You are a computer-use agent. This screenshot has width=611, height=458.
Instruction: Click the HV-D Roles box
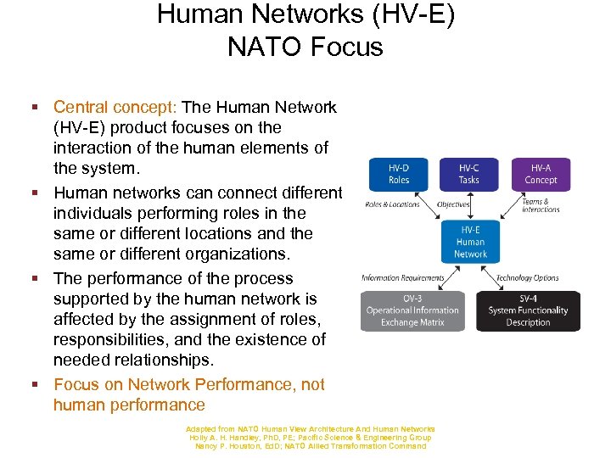coord(398,174)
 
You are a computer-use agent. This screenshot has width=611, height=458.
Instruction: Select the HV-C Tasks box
coord(469,174)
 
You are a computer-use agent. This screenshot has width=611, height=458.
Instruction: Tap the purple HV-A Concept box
coord(541,174)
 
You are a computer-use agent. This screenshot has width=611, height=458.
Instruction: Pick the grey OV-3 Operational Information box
coord(412,310)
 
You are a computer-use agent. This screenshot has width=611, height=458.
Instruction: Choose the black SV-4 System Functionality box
coord(528,310)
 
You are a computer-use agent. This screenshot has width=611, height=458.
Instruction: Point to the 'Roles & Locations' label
coord(391,204)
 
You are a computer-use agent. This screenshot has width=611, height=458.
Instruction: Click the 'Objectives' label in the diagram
coord(454,204)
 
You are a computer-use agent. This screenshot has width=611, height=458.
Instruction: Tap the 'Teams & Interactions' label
coord(541,205)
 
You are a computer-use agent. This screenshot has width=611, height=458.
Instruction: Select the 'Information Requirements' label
coord(403,278)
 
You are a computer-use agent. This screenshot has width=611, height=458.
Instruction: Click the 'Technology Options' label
coord(527,278)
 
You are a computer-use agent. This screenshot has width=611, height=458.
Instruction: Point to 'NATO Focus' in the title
coord(305,46)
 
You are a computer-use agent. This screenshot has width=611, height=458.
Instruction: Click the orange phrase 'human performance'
coord(129,405)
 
